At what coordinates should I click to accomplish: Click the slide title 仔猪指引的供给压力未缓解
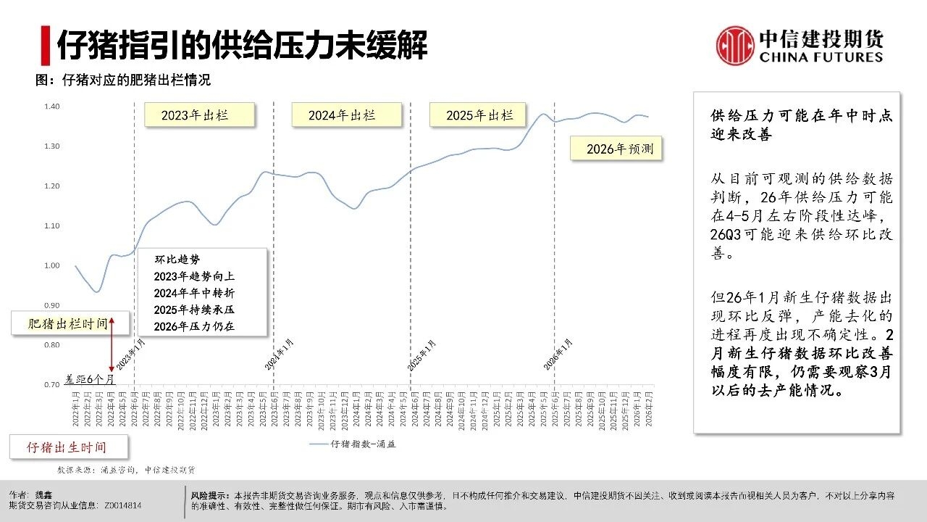pyautogui.click(x=243, y=45)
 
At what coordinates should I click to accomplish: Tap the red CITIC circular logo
pyautogui.click(x=735, y=46)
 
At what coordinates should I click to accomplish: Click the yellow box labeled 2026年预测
pyautogui.click(x=615, y=149)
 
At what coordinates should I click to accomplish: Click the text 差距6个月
pyautogui.click(x=88, y=378)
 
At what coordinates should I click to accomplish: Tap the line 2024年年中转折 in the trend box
pyautogui.click(x=194, y=293)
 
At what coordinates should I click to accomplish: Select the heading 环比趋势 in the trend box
pyautogui.click(x=177, y=259)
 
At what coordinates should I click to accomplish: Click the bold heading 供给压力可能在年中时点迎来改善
pyautogui.click(x=801, y=125)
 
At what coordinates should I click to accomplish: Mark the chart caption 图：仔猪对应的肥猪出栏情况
pyautogui.click(x=123, y=80)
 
